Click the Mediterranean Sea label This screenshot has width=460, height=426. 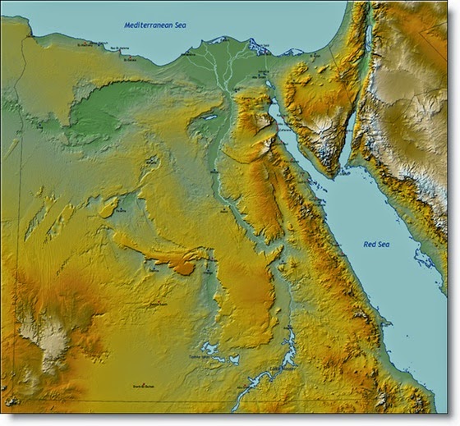(x=155, y=25)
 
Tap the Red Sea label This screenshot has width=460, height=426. (x=380, y=244)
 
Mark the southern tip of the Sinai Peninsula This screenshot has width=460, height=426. (x=335, y=175)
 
